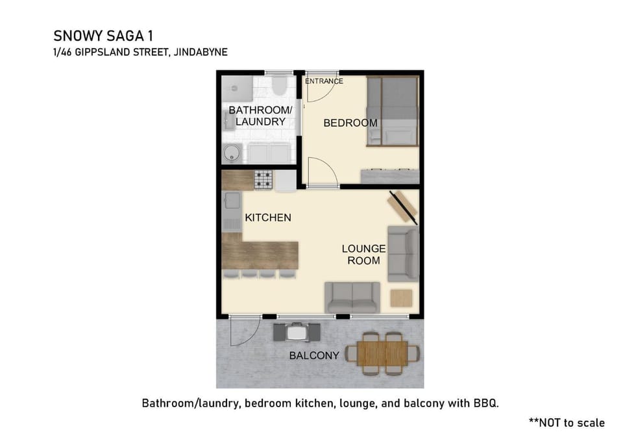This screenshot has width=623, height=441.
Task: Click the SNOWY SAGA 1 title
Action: point(103,36)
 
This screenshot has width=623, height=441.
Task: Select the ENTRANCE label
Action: point(324,81)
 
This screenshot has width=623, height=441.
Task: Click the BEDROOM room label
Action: point(350,123)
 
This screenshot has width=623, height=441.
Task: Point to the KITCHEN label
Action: point(268,218)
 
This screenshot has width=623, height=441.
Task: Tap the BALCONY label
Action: point(314,355)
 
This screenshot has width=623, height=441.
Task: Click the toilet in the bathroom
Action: point(279,85)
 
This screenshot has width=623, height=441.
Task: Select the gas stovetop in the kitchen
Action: point(263,180)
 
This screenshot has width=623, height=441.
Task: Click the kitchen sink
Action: point(232,201)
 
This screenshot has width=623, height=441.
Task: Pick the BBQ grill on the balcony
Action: point(297,332)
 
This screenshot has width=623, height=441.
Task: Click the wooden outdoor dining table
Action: point(382,353)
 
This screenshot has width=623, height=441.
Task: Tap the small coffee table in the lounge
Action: point(401,298)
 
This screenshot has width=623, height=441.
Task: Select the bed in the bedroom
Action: point(392,111)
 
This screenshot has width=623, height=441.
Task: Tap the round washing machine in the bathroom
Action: point(232,153)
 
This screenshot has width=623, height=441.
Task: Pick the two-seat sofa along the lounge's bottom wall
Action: point(352,297)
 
